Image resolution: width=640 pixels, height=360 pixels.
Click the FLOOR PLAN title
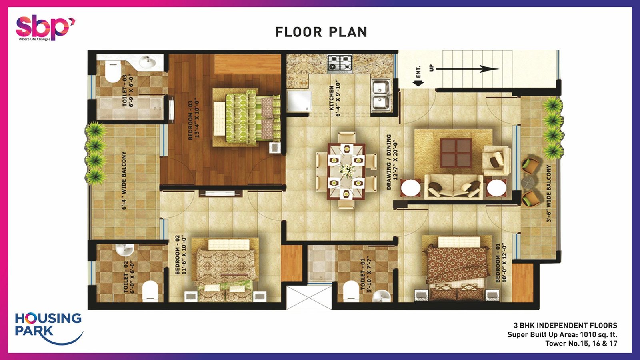[x=321, y=32]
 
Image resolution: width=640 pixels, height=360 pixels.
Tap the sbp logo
[x=45, y=28]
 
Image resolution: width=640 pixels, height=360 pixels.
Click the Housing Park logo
[x=49, y=328]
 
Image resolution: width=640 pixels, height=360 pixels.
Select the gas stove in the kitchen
[x=340, y=63]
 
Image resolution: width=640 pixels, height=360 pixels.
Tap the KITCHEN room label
[x=334, y=98]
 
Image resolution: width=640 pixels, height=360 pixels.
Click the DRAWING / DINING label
[x=392, y=162]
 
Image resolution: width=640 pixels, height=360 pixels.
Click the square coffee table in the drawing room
[x=456, y=153]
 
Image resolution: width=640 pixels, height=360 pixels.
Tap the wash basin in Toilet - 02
[x=124, y=250]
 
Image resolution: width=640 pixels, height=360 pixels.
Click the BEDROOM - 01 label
[x=500, y=263]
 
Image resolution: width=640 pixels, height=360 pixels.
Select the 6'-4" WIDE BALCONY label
[x=124, y=180]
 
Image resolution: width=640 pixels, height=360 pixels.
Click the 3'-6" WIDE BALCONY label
[x=548, y=194]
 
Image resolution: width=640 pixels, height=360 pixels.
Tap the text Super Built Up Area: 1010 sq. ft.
[x=562, y=334]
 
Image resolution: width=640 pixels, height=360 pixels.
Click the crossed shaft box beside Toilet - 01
[x=309, y=298]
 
